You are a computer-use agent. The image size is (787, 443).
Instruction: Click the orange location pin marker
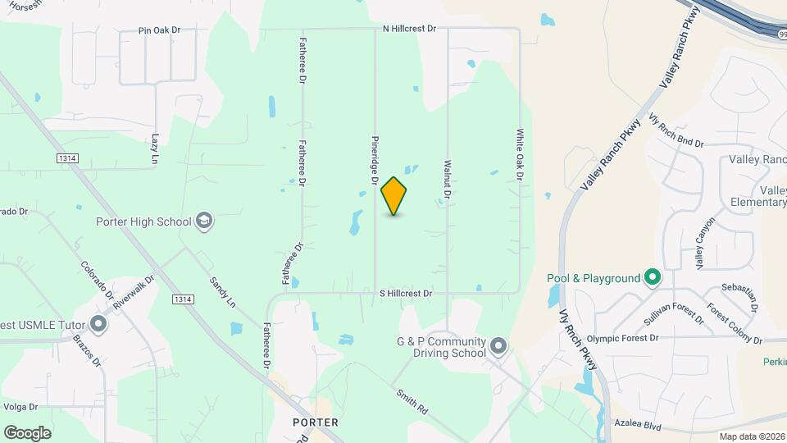[x=394, y=195]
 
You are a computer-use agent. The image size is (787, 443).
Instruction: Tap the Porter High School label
[x=143, y=221]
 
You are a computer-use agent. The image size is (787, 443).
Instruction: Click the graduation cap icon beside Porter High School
[x=204, y=221]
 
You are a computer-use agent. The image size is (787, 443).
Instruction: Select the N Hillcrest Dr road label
[x=410, y=28]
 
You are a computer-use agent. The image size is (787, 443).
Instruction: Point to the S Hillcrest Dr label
[x=405, y=293]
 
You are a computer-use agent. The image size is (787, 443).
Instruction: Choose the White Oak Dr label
[x=520, y=154]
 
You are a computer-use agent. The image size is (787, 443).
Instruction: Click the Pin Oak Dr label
[x=159, y=30]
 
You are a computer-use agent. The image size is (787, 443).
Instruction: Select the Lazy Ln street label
[x=155, y=147]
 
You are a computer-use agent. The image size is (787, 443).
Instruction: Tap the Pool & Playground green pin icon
[x=653, y=278]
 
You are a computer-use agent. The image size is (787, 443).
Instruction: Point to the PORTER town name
[x=316, y=422]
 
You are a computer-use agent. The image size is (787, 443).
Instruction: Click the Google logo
[x=27, y=432]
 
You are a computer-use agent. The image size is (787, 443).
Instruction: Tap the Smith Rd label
[x=412, y=401]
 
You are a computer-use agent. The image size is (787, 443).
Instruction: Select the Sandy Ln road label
[x=222, y=291]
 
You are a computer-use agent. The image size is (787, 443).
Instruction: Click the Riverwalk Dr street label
[x=134, y=291]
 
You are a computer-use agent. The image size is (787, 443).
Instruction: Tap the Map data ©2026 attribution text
[x=751, y=436]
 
